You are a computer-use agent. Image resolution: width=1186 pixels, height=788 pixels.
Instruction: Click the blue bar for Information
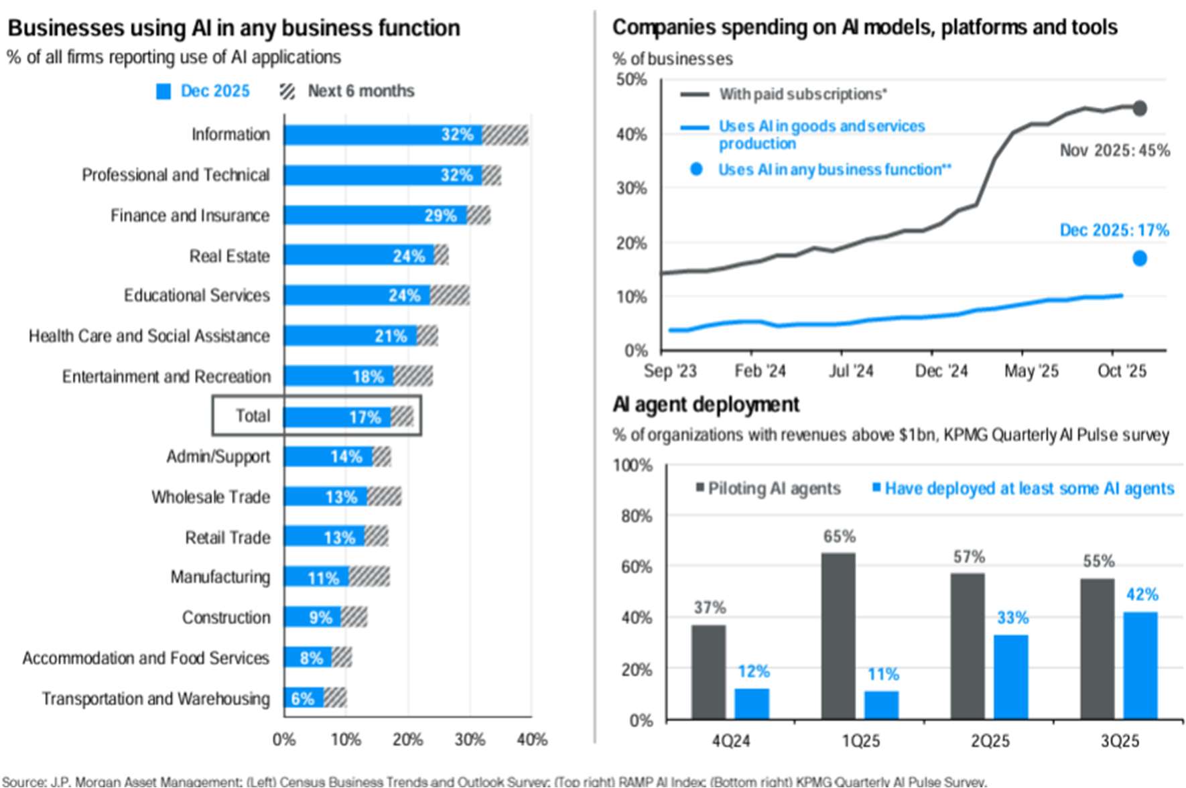pyautogui.click(x=382, y=135)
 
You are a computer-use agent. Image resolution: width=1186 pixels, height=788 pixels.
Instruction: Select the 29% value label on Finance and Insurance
pyautogui.click(x=440, y=216)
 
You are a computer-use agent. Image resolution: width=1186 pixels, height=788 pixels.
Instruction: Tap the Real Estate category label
pyautogui.click(x=229, y=256)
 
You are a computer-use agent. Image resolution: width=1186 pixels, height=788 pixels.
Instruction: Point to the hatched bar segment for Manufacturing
pyautogui.click(x=369, y=577)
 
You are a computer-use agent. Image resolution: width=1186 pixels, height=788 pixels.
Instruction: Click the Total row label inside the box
pyautogui.click(x=253, y=416)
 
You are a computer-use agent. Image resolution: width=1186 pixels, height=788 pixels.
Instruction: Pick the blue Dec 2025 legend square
pyautogui.click(x=163, y=92)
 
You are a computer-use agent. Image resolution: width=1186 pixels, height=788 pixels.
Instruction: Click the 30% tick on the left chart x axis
pyautogui.click(x=470, y=740)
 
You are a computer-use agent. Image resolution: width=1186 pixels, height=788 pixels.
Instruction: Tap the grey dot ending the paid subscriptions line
pyautogui.click(x=1139, y=108)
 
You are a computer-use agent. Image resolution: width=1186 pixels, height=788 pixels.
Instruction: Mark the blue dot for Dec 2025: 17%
pyautogui.click(x=1139, y=258)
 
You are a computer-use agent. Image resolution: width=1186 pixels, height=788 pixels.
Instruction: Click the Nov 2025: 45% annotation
pyautogui.click(x=1114, y=151)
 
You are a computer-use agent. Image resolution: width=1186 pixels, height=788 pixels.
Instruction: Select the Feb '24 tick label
pyautogui.click(x=760, y=371)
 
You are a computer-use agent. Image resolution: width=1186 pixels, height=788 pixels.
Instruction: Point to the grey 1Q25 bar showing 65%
pyautogui.click(x=838, y=637)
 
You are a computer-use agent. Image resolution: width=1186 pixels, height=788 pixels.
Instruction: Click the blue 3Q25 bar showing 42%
pyautogui.click(x=1140, y=666)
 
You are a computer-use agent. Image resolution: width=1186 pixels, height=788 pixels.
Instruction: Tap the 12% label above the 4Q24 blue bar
pyautogui.click(x=753, y=671)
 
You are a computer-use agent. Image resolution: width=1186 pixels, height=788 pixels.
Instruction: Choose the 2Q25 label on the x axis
pyautogui.click(x=990, y=741)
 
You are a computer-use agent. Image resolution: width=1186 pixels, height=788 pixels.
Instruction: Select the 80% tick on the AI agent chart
pyautogui.click(x=636, y=516)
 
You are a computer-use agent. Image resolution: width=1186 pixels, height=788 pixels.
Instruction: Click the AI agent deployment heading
pyautogui.click(x=706, y=405)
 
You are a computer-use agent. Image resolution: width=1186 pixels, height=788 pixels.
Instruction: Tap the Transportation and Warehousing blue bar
pyautogui.click(x=304, y=698)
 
